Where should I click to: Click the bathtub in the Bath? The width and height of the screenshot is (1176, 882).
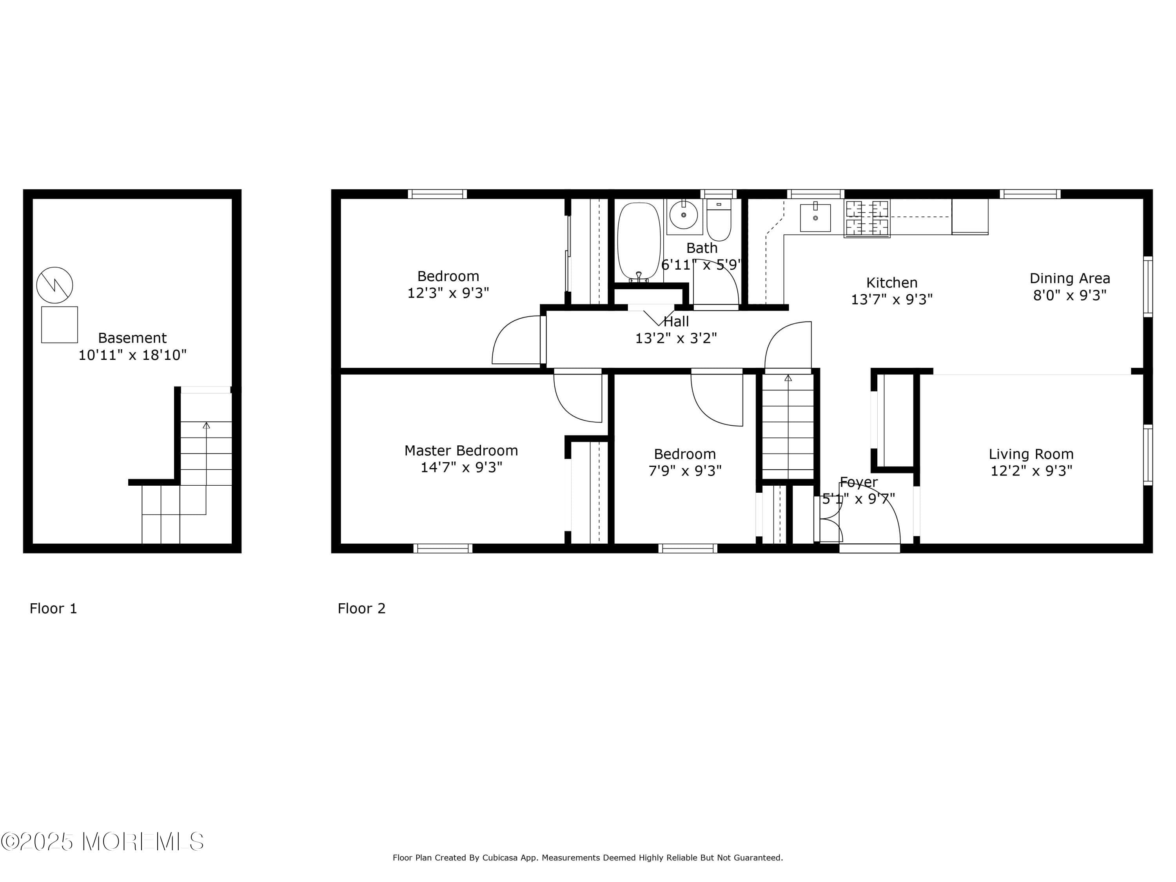pyautogui.click(x=639, y=240)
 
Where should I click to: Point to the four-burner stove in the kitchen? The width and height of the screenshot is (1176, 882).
pyautogui.click(x=867, y=218)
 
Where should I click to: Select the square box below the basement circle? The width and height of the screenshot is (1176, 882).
pyautogui.click(x=60, y=324)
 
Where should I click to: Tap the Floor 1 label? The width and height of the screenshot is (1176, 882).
pyautogui.click(x=53, y=609)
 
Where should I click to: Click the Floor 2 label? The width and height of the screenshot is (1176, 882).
pyautogui.click(x=361, y=609)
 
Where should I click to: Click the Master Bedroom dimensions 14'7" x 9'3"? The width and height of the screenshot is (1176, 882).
pyautogui.click(x=461, y=467)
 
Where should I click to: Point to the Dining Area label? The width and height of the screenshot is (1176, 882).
pyautogui.click(x=1070, y=279)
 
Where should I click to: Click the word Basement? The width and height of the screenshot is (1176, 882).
pyautogui.click(x=132, y=338)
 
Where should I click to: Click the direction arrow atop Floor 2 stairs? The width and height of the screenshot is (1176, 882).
pyautogui.click(x=788, y=378)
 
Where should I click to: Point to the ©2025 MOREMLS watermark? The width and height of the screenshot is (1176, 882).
pyautogui.click(x=102, y=842)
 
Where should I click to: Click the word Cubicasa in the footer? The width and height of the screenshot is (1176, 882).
pyautogui.click(x=501, y=858)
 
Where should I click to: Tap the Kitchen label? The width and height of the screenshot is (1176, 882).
pyautogui.click(x=891, y=283)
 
